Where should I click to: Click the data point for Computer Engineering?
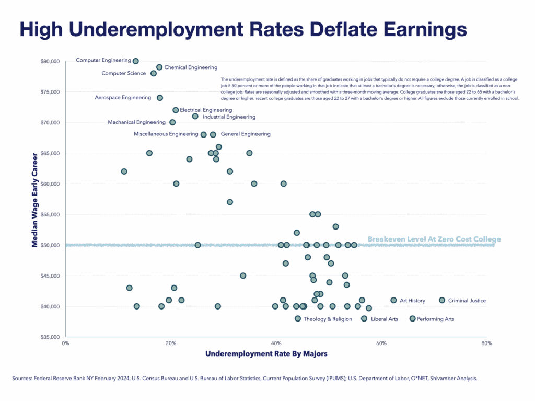coord(136,61)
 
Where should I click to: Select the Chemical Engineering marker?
coord(159,67)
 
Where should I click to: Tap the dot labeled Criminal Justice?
coord(442,300)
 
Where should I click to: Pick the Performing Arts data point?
coord(412,318)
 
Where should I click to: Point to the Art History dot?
coord(393,300)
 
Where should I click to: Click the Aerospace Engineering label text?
coord(123,98)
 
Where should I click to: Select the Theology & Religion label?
coord(328,319)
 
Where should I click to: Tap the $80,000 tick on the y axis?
coord(50,61)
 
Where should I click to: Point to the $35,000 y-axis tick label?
coord(50,337)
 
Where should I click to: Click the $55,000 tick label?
coord(50,214)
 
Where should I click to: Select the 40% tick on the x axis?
coord(276,343)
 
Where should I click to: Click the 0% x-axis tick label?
coord(65,343)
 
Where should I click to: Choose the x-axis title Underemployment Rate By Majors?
coord(266,354)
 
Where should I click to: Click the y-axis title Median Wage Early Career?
coord(35,199)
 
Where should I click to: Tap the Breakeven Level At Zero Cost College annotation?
coord(434,239)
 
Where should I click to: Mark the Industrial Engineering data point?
coord(195,116)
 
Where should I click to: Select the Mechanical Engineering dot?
coord(172,122)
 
